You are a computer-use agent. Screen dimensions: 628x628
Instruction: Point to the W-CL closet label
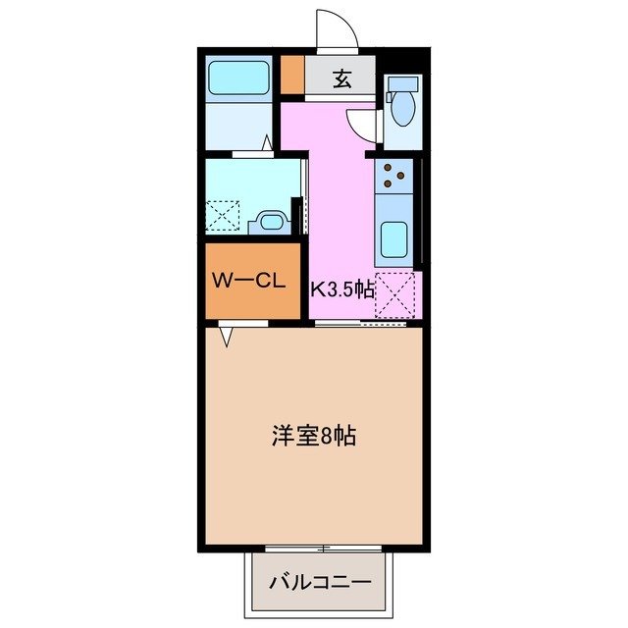tap(249, 281)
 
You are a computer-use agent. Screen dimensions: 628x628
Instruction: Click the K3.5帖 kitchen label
tap(342, 288)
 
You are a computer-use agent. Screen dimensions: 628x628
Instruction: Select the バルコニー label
tap(321, 581)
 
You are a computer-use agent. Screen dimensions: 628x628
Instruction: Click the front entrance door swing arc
tap(336, 27)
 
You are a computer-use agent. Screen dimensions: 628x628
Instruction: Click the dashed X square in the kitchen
tap(398, 294)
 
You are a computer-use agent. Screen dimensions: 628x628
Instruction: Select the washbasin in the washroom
tap(267, 221)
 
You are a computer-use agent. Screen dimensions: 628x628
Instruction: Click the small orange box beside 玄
tap(292, 77)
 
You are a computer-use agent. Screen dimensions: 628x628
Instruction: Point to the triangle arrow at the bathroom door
tap(266, 141)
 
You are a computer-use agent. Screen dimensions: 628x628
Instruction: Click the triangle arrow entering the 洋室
tap(226, 337)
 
